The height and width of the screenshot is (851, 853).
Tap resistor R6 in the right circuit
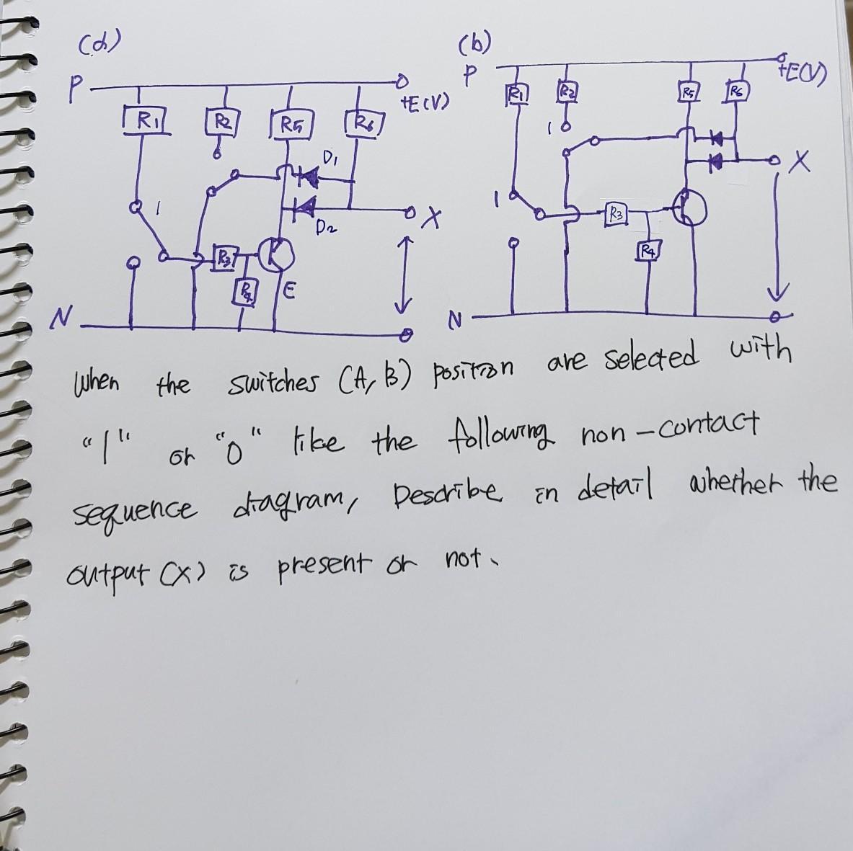click(735, 92)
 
